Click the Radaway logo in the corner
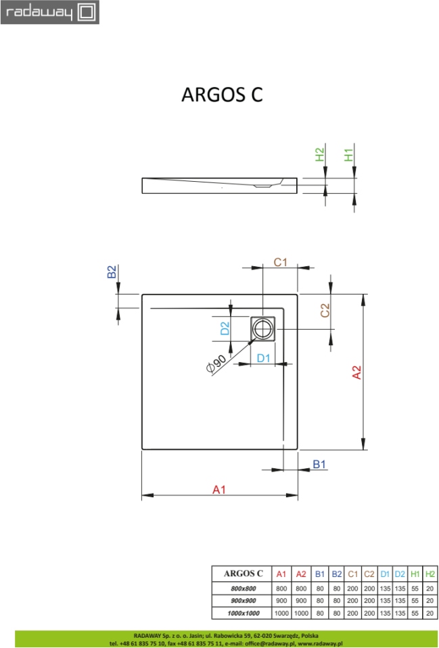49,12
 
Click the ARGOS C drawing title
222,95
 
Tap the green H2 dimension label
320,155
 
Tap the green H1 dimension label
349,155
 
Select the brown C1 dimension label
280,262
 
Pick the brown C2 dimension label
325,310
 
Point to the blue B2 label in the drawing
112,272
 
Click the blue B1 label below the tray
319,464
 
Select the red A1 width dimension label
219,490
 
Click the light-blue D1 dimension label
263,358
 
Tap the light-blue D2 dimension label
225,328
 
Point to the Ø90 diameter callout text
216,364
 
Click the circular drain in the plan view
262,329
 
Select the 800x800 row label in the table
244,589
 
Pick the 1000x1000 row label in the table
244,614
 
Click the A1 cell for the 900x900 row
281,601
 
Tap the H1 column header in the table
415,574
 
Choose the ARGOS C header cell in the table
244,574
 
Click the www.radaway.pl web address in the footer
320,643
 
